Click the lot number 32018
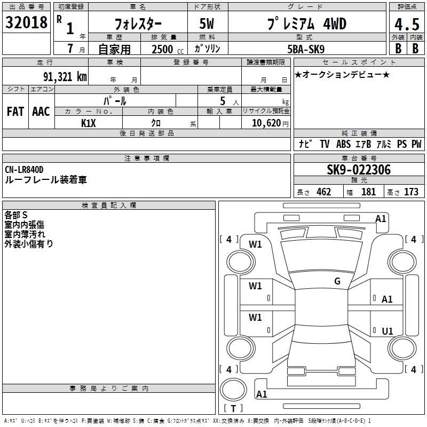pyautogui.click(x=26, y=22)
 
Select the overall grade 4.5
pyautogui.click(x=407, y=25)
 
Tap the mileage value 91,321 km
pyautogui.click(x=65, y=77)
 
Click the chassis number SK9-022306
pyautogui.click(x=359, y=170)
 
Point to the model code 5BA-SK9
pyautogui.click(x=306, y=49)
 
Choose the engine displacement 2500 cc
pyautogui.click(x=168, y=49)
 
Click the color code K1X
pyautogui.click(x=89, y=123)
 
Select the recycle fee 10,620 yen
pyautogui.click(x=270, y=123)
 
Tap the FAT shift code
pyautogui.click(x=15, y=112)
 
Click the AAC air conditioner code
pyautogui.click(x=41, y=112)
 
